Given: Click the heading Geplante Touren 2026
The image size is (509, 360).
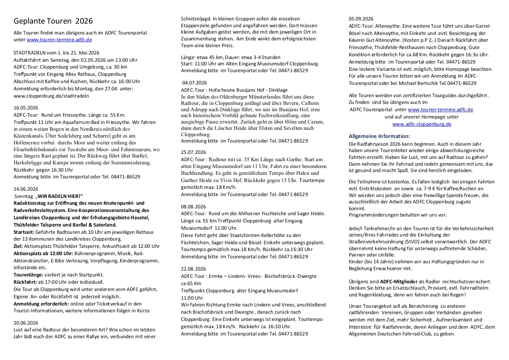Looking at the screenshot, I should pos(53,21).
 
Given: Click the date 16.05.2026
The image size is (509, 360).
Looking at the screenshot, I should pos(26,108).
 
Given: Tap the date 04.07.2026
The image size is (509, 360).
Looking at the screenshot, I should pos(195,84).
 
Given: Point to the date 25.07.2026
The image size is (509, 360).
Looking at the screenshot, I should pos(193,152).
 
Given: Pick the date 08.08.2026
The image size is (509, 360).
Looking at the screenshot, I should pos(193,207).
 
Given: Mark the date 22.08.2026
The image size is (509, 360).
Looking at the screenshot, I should pos(193,268).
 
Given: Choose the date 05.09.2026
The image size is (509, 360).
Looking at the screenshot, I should pos(361,19).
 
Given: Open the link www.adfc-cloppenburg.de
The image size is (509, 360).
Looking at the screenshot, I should pos(421,124).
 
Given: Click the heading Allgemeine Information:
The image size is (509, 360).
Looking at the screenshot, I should pos(379,136).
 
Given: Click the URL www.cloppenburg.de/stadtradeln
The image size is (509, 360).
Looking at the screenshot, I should pos(51,96).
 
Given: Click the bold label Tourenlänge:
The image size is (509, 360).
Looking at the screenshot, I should pos(29,275).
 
